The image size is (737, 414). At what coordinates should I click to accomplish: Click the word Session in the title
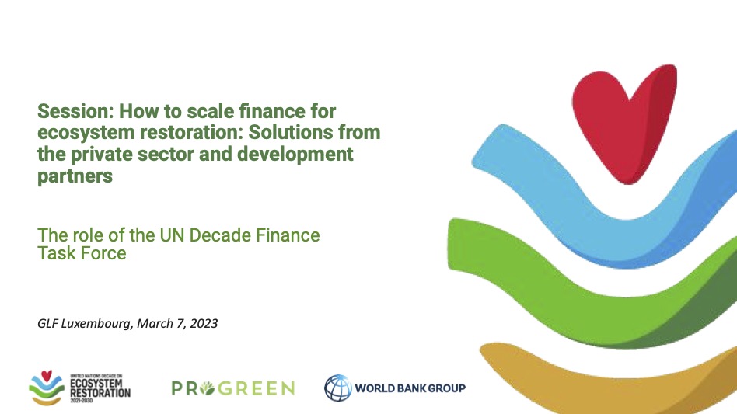[76, 111]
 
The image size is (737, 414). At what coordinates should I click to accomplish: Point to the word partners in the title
[75, 176]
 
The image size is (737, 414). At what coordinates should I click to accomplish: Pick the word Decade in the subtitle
[220, 235]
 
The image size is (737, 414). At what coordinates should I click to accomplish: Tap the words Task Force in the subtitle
[82, 253]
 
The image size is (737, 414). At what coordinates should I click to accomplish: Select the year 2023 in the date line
[204, 323]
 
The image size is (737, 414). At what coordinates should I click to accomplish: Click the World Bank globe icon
[338, 388]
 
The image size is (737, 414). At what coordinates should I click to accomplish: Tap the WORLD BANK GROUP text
[410, 388]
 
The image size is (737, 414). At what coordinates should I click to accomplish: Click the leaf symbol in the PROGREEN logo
[207, 388]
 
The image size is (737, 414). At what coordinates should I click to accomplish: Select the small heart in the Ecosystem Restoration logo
[46, 375]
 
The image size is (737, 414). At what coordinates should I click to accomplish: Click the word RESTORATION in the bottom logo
[100, 393]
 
